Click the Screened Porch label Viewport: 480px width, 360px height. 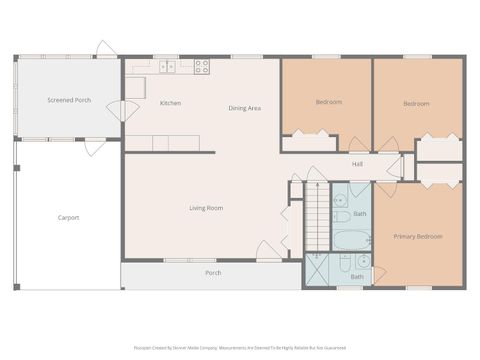[69, 100]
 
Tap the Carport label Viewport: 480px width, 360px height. [68, 217]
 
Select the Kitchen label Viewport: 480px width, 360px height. [170, 103]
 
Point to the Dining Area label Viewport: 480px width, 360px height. [244, 108]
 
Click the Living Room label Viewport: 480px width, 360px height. [206, 208]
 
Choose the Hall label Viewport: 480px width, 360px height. [357, 164]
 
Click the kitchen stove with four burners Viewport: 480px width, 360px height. [201, 67]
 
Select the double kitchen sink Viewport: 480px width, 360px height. [167, 67]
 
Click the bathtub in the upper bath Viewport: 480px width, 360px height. [351, 240]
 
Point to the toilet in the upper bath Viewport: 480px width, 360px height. [341, 216]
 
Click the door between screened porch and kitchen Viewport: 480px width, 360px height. [122, 110]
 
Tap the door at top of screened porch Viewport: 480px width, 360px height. [104, 49]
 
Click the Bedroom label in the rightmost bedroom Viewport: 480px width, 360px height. [416, 103]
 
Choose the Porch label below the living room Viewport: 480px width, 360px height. [213, 273]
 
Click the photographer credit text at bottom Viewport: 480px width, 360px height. [240, 348]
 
